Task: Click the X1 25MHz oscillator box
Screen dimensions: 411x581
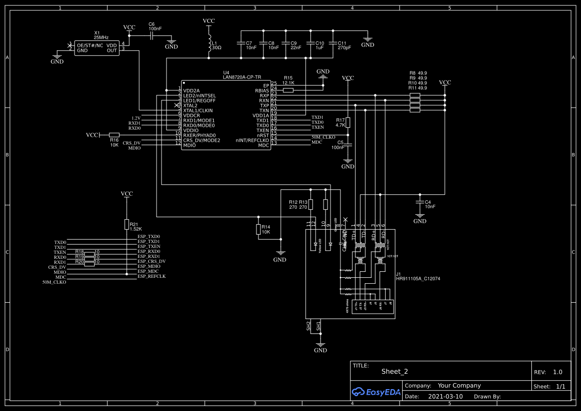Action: [x=97, y=48]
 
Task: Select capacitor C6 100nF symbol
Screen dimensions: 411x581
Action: [x=152, y=36]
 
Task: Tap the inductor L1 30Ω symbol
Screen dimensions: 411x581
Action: [x=209, y=44]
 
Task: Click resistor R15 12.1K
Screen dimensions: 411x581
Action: [x=288, y=90]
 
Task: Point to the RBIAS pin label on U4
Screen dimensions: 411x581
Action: [x=262, y=90]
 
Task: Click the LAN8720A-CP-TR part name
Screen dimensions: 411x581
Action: [x=242, y=77]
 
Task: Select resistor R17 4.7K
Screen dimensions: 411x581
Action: [x=348, y=123]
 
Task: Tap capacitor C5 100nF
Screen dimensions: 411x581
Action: [x=348, y=145]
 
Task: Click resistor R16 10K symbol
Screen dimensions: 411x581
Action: [x=114, y=135]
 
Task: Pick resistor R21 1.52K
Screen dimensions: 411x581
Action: [x=127, y=224]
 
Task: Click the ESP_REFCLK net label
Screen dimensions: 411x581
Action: [x=152, y=276]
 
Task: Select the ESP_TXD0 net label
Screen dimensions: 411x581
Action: [x=149, y=237]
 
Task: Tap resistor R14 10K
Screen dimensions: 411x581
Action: [x=258, y=229]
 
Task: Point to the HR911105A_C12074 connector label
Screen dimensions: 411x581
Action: [x=417, y=279]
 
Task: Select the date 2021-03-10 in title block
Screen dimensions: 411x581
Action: [x=445, y=397]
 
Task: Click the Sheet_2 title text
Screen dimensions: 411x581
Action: [x=395, y=371]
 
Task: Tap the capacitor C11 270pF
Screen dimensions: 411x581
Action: [x=332, y=45]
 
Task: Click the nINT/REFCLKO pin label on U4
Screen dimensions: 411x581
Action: [x=252, y=140]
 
